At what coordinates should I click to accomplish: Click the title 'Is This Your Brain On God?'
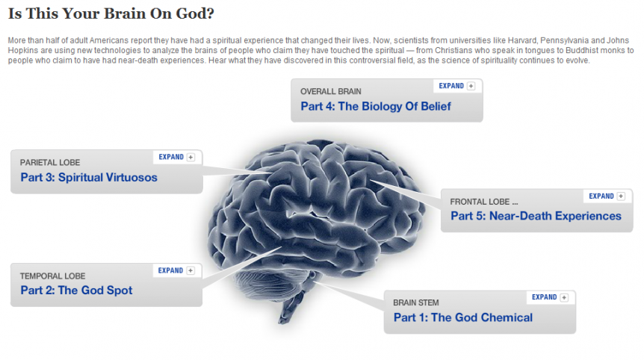111,13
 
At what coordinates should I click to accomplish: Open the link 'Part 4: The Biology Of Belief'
375,106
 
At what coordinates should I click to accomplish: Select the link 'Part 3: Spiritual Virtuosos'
89,177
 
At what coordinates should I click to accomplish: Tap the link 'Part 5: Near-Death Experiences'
536,216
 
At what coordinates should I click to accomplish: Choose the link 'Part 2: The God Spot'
76,291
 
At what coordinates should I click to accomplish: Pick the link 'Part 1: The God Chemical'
463,317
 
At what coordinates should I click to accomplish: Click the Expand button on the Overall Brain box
456,86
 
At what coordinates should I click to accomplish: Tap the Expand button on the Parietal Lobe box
176,157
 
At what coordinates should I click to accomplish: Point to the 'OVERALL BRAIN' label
331,92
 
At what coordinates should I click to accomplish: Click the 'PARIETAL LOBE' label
50,163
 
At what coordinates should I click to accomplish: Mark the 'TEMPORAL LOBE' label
52,276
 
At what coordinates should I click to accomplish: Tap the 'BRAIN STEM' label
415,302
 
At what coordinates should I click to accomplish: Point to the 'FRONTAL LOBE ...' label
484,202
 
